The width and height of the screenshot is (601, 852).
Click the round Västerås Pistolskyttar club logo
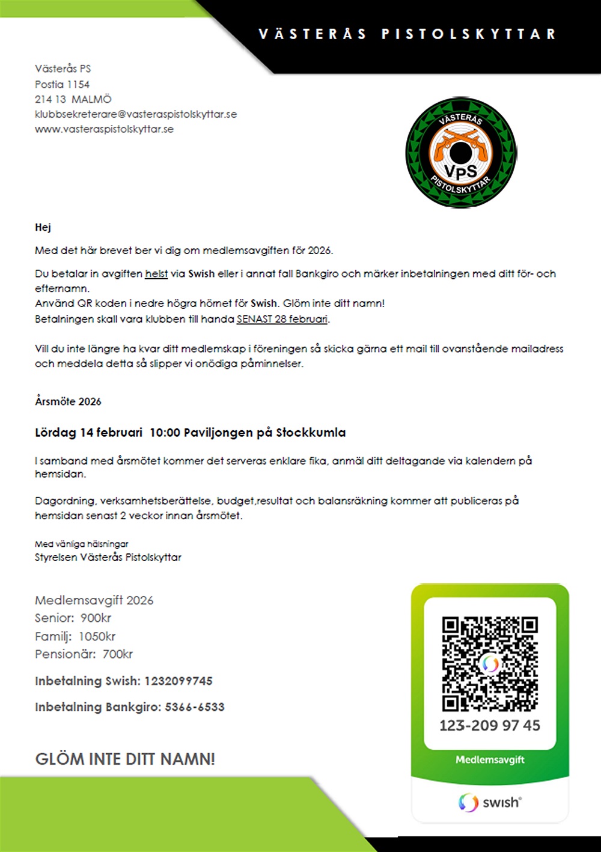[x=460, y=153]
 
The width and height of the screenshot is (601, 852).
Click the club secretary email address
[x=136, y=114]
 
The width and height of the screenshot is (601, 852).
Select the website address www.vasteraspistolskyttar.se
[x=104, y=129]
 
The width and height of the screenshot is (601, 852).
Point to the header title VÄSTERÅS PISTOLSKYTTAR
[x=407, y=34]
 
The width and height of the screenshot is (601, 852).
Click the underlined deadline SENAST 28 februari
[x=282, y=319]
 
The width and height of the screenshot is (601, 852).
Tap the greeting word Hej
[x=43, y=227]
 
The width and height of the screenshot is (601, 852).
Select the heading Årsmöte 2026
[x=68, y=401]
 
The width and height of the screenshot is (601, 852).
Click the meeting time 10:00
[x=165, y=433]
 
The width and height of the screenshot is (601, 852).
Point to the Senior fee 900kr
[x=96, y=618]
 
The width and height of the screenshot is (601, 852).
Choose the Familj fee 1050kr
[x=97, y=636]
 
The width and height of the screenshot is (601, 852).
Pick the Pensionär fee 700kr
[x=117, y=654]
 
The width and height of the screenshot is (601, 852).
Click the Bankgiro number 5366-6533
[x=194, y=707]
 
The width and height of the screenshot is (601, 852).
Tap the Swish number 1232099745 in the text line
[x=178, y=681]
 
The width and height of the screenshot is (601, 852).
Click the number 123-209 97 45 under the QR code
[x=490, y=725]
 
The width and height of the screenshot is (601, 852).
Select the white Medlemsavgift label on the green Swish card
[x=490, y=759]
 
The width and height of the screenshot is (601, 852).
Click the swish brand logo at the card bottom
[x=490, y=802]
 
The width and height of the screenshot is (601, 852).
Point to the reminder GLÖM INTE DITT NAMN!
[x=125, y=759]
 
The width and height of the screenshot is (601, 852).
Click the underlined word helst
[x=156, y=274]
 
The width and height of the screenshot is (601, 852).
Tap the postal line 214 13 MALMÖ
[x=73, y=99]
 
